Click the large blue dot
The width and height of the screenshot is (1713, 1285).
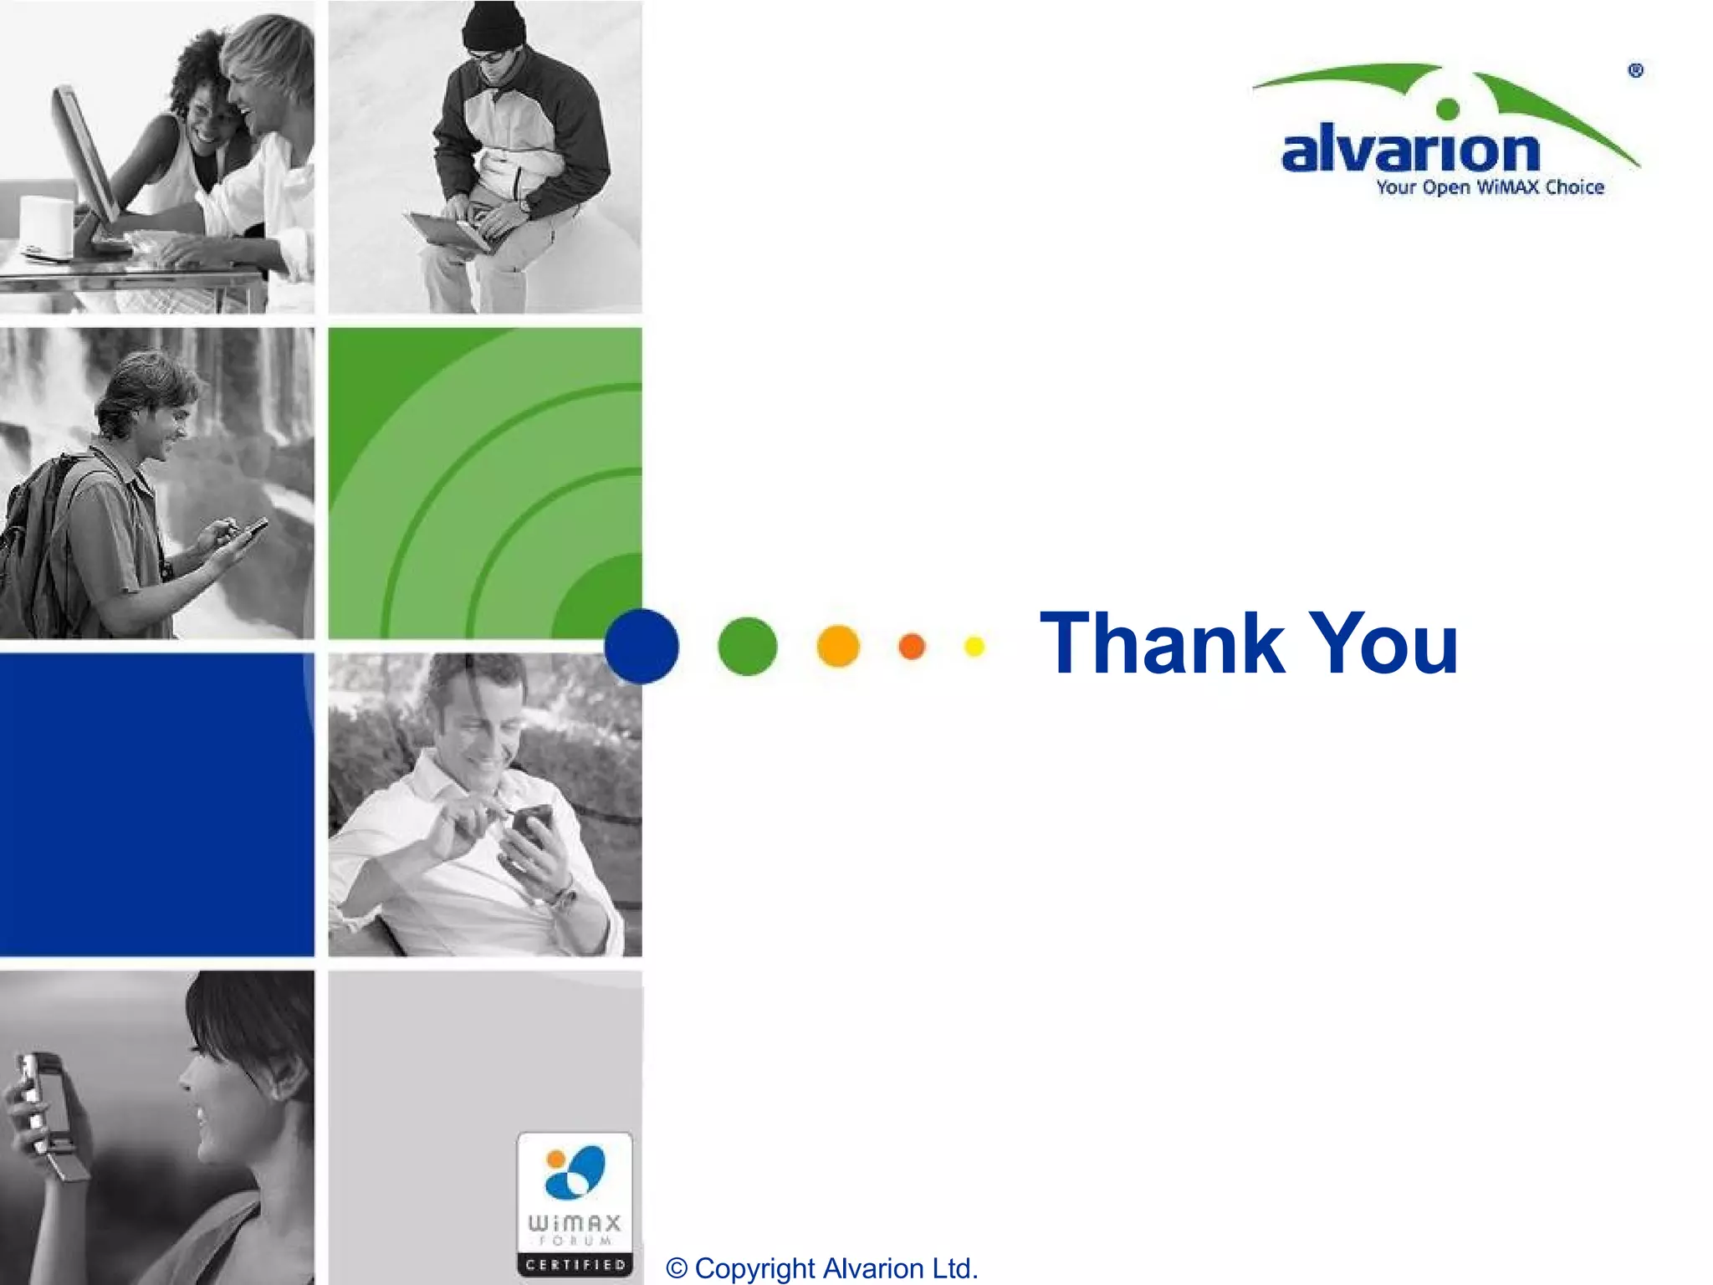(x=642, y=647)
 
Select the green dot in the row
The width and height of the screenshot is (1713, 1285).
(x=747, y=646)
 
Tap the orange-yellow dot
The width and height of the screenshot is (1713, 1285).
(x=837, y=646)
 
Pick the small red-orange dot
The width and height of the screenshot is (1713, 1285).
(x=912, y=646)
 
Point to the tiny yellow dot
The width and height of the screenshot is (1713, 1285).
(x=974, y=646)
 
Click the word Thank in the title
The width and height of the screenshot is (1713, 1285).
(x=1162, y=643)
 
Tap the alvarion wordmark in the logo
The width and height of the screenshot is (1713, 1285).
(x=1410, y=151)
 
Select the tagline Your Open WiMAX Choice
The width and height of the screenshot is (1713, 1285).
(x=1490, y=187)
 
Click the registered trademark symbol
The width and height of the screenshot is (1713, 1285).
(x=1636, y=71)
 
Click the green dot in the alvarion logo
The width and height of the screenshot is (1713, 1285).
(x=1447, y=109)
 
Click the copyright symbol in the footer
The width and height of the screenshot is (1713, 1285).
(x=676, y=1268)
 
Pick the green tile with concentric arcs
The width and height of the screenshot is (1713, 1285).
(x=485, y=484)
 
